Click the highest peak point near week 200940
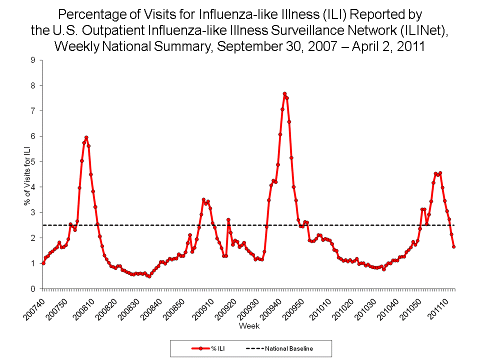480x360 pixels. (x=284, y=93)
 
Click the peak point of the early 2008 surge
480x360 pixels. (x=86, y=137)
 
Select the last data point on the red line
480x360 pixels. (x=454, y=246)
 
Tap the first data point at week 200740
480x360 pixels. (x=43, y=263)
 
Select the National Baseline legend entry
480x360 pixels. (x=279, y=348)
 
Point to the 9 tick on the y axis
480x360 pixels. (x=32, y=60)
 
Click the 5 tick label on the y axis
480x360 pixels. (x=32, y=161)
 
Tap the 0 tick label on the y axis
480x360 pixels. (x=32, y=289)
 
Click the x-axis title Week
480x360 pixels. (x=248, y=326)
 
